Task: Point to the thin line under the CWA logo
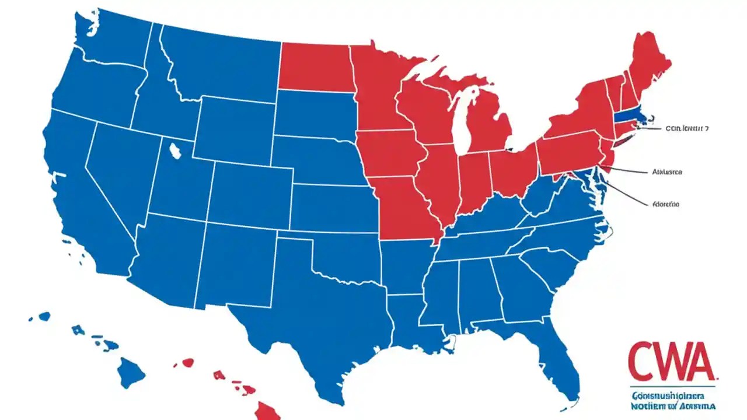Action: [671, 387]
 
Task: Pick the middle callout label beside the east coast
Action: [667, 172]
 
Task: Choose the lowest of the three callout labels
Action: [665, 204]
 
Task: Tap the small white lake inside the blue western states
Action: [174, 151]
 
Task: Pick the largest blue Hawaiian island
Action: [130, 372]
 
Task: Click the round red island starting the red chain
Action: [187, 362]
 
